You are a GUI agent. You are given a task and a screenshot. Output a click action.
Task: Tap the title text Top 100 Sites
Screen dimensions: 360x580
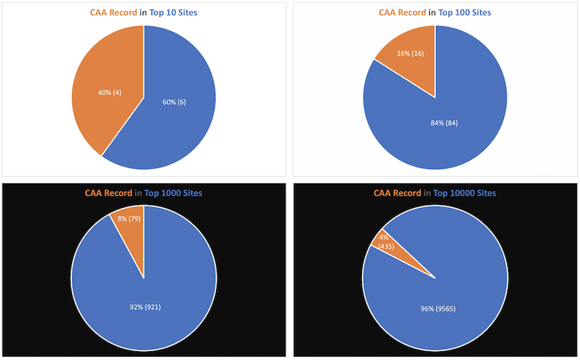465,13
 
